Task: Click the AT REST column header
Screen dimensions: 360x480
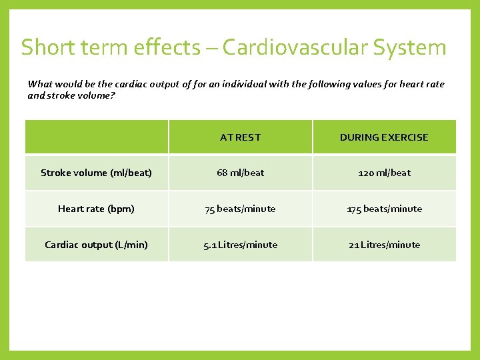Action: (240, 137)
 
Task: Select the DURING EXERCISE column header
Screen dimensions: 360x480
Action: (384, 137)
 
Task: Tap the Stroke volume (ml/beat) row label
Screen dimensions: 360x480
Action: (96, 173)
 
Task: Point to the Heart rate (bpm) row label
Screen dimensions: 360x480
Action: (96, 209)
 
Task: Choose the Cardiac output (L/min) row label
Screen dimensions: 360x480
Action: (96, 245)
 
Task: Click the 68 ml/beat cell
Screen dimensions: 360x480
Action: (240, 173)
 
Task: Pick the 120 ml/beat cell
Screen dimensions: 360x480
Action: (384, 173)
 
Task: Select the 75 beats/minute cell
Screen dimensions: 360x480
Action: (240, 209)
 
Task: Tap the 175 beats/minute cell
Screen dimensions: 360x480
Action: (384, 209)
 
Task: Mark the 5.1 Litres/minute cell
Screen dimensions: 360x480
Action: (240, 245)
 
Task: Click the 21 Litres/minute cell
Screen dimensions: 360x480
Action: (384, 245)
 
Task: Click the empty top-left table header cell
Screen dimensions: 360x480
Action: (96, 137)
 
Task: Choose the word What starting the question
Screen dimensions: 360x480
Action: (39, 84)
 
